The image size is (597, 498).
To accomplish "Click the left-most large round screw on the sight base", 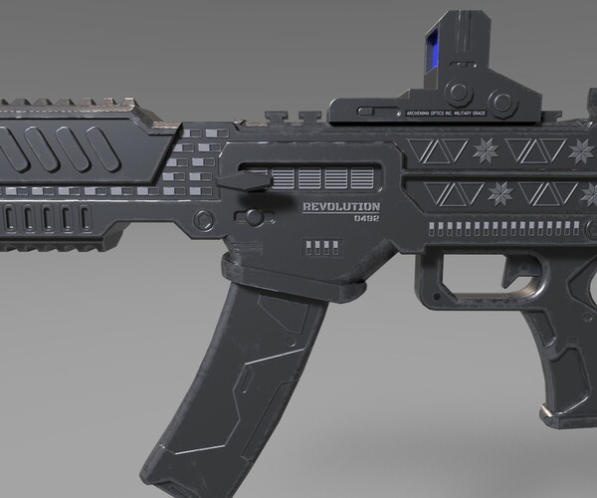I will click(455, 93).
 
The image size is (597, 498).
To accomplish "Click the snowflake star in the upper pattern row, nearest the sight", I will click(487, 152).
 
